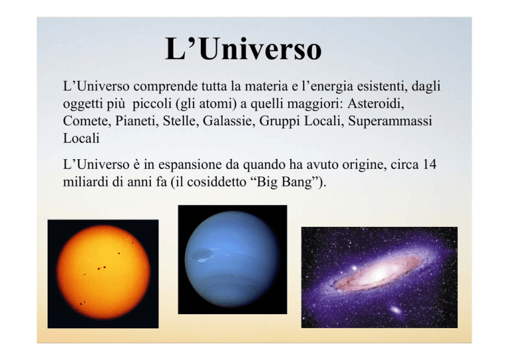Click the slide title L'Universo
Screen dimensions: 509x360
[243, 49]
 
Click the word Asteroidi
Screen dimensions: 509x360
[376, 103]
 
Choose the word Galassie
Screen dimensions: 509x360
[229, 121]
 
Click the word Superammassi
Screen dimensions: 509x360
[390, 121]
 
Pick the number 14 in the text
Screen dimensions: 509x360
[429, 164]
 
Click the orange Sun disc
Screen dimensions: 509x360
[103, 272]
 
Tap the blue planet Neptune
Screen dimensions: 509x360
[232, 259]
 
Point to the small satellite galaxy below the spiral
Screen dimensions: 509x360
[396, 310]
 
